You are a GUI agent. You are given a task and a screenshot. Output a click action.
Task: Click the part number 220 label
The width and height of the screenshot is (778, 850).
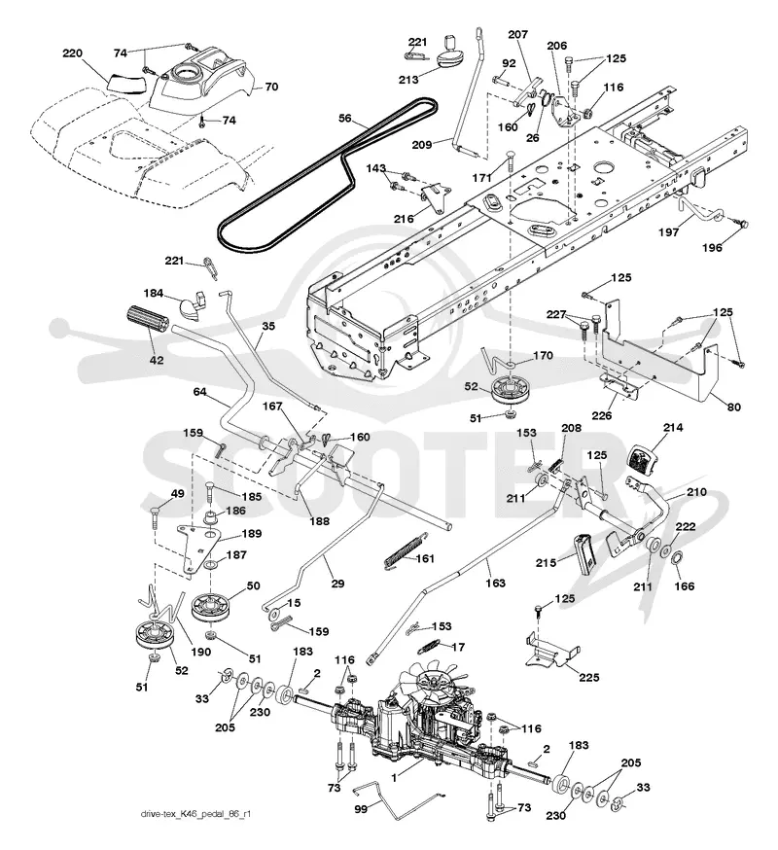72,53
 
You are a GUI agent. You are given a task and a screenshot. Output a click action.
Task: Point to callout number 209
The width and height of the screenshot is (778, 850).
421,144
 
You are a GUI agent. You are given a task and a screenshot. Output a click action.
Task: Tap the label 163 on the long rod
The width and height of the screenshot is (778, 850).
495,584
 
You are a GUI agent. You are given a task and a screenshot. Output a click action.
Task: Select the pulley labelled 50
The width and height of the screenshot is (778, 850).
211,610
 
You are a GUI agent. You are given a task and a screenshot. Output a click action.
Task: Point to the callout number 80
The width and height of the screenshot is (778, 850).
733,407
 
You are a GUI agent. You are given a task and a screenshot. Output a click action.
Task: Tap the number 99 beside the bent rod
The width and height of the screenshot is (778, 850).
361,809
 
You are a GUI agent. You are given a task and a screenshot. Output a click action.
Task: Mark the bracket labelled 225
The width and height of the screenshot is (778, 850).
552,650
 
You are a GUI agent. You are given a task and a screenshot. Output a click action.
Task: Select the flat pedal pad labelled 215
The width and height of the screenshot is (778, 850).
583,553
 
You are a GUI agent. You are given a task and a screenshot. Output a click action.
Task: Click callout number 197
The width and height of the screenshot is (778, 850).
668,232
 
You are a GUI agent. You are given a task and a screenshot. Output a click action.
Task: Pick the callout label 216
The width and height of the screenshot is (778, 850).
404,219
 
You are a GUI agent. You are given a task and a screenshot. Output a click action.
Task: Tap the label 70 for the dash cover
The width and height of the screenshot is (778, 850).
271,87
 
